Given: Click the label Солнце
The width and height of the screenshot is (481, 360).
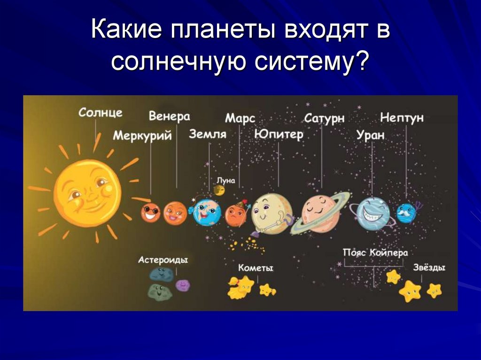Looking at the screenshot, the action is (101, 113).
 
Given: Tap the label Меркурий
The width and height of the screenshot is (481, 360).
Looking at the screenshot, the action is (142, 135).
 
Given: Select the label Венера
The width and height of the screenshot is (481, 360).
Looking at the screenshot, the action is (169, 116).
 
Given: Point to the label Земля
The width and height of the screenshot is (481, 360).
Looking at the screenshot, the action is (208, 134).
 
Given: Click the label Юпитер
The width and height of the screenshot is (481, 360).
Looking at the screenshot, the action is (279, 134).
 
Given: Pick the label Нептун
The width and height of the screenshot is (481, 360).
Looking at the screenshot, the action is (402, 117).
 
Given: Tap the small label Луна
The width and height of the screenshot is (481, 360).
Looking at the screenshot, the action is (226, 181).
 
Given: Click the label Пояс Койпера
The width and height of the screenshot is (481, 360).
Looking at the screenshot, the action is (375, 253).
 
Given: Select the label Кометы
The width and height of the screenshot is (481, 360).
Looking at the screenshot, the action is (256, 268).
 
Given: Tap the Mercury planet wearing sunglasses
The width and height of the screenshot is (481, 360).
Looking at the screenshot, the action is (150, 212).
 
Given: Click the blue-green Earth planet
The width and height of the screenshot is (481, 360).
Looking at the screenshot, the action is (206, 212).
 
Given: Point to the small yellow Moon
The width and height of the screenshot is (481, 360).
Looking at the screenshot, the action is (219, 191).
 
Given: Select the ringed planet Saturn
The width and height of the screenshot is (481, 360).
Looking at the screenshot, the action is (320, 213).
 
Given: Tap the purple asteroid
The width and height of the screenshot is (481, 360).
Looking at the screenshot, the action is (183, 285).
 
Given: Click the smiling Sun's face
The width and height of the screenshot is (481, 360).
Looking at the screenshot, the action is (88, 193).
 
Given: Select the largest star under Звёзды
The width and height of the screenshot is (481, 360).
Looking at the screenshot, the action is (410, 291).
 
